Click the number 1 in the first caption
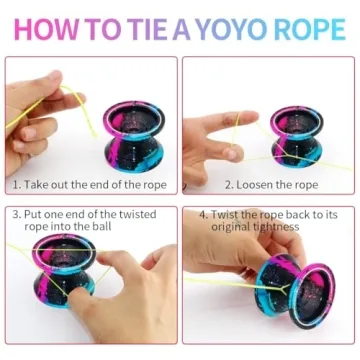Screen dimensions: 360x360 15,184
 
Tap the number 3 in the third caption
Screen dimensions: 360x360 15,214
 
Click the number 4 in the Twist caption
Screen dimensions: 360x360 202,214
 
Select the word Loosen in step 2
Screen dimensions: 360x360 257,184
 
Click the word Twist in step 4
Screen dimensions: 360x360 226,214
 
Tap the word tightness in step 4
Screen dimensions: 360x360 276,226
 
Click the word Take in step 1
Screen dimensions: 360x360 38,184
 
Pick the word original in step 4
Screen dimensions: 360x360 229,226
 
